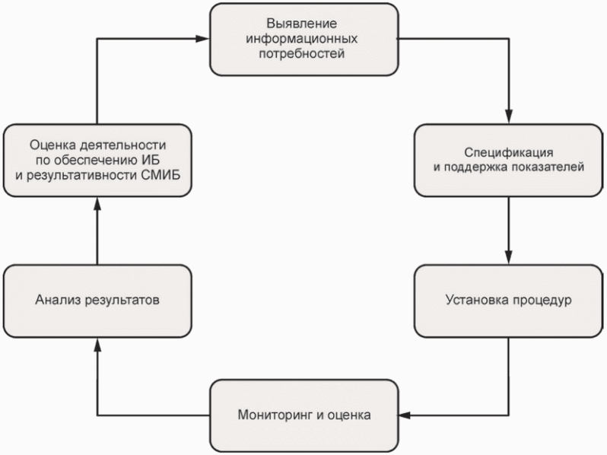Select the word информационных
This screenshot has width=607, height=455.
click(x=303, y=38)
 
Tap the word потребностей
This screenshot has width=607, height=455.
click(x=303, y=54)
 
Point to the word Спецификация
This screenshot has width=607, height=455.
click(x=508, y=151)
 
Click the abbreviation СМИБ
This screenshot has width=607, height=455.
click(x=167, y=175)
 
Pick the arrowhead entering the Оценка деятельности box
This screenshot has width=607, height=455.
click(x=98, y=204)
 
